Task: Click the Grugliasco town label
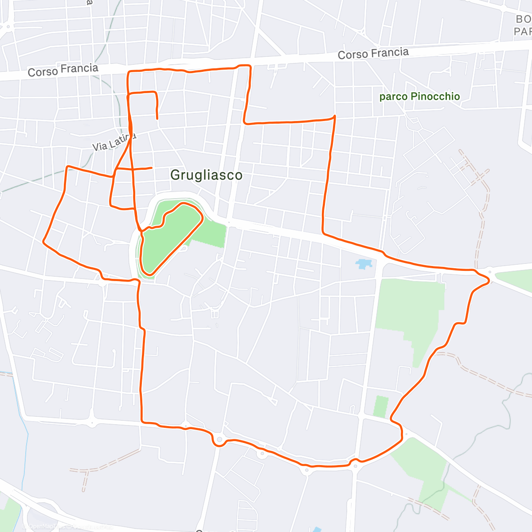coord(206,175)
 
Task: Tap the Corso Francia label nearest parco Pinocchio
coord(373,54)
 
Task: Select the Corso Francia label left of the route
coord(63,70)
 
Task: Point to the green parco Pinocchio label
coord(419,97)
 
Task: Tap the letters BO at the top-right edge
coord(523,19)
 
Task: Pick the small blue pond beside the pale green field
coord(364,264)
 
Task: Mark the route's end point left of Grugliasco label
coord(152,168)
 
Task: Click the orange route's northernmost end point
coord(157,118)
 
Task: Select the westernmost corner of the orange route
coord(43,242)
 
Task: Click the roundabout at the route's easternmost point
coord(490,271)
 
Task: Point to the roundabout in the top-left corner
coord(8,27)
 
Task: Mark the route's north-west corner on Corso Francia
coord(129,71)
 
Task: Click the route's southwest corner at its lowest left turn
coord(142,422)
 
